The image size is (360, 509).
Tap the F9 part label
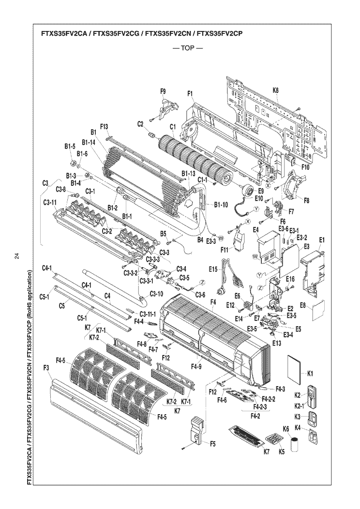(163, 91)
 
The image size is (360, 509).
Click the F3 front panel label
(46, 369)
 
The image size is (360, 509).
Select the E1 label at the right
(322, 240)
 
